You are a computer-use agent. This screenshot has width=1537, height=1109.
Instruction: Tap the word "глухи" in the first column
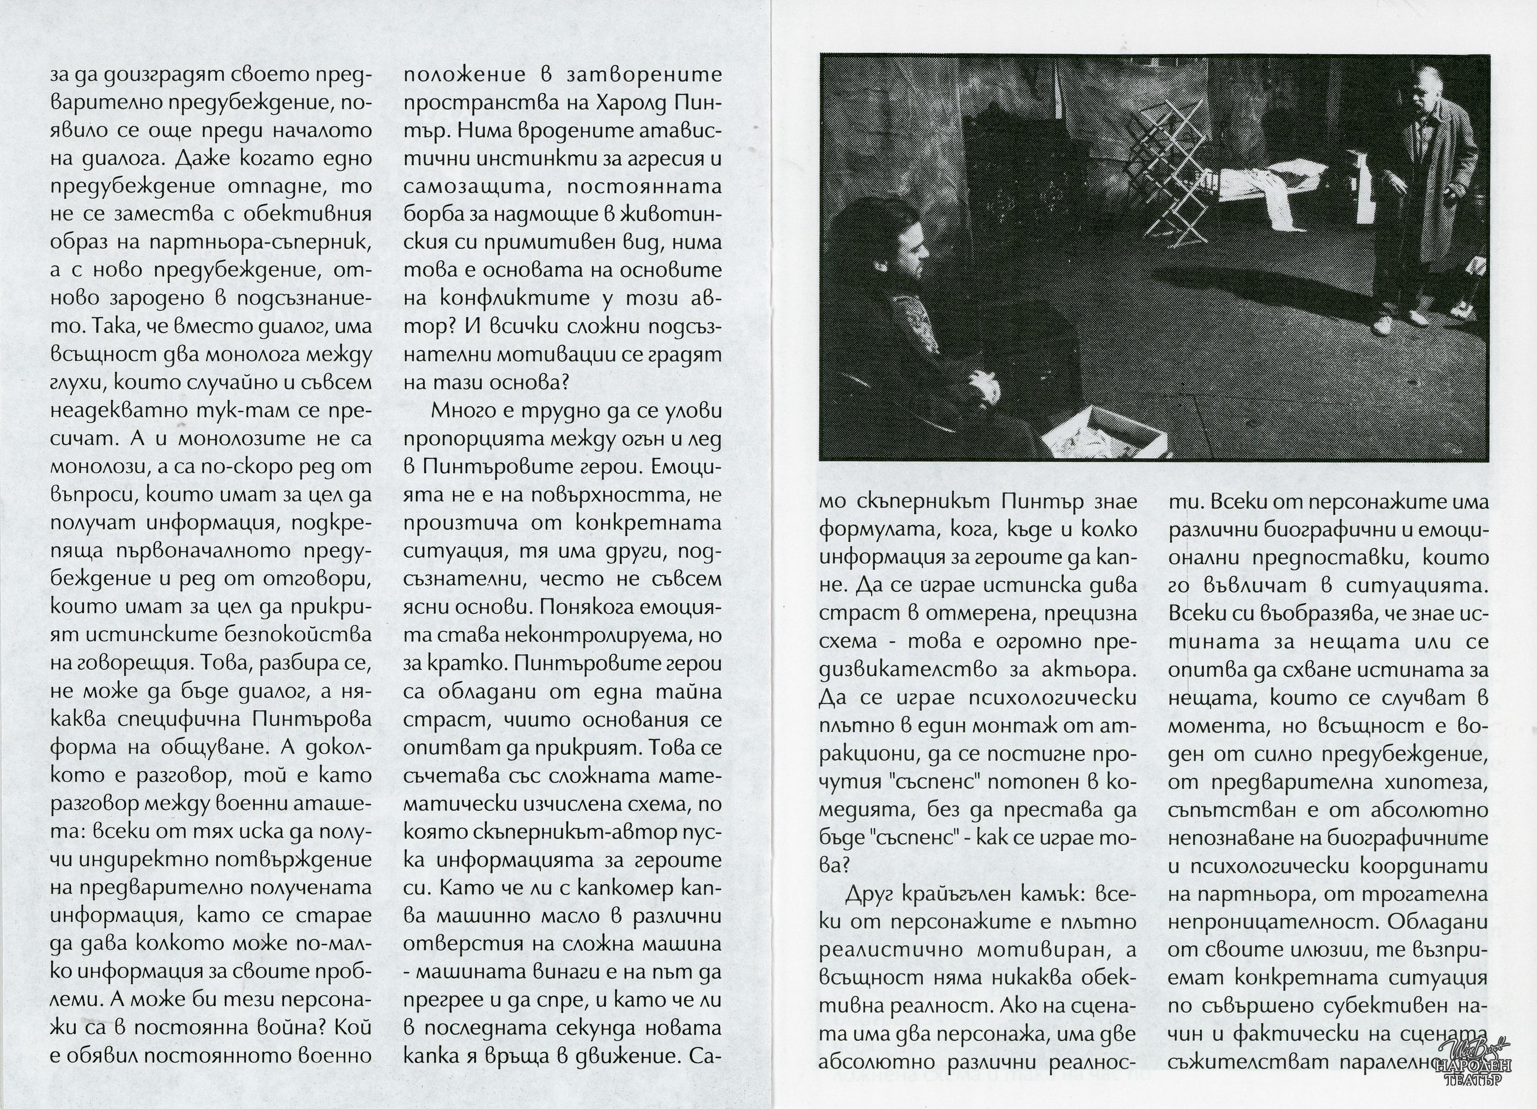pyautogui.click(x=76, y=383)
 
